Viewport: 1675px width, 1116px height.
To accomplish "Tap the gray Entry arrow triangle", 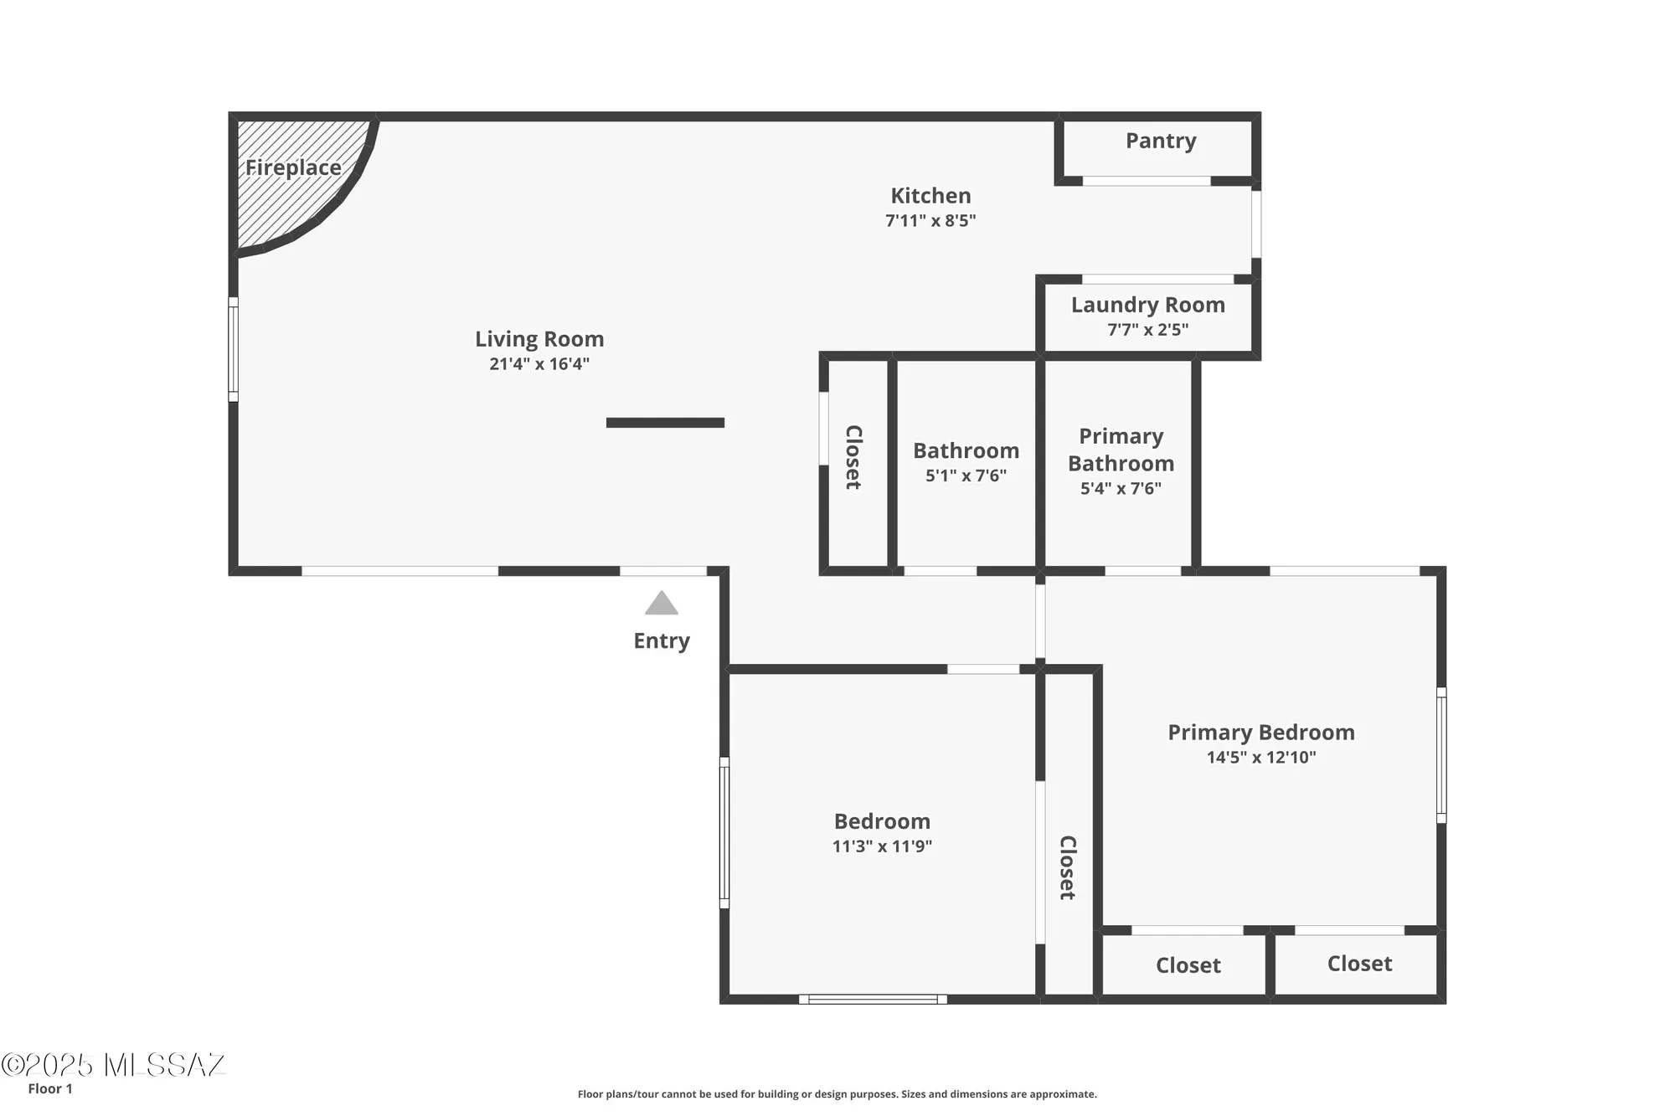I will (x=662, y=604).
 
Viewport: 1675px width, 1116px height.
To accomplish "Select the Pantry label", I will (x=1160, y=141).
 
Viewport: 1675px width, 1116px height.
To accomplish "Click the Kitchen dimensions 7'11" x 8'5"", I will (x=930, y=221).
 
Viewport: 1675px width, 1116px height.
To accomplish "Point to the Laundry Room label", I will (x=1147, y=305).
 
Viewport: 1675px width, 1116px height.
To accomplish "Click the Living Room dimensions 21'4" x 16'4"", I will (x=539, y=364).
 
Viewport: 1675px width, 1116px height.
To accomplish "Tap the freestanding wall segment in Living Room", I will (x=665, y=423).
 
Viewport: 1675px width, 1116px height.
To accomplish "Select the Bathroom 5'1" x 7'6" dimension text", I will (x=966, y=476).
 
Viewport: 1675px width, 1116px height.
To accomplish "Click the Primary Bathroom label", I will (x=1121, y=450).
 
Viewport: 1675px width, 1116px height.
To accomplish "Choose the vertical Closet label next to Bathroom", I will (x=853, y=457).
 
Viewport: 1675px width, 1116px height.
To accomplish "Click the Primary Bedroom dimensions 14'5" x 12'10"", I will (x=1260, y=758).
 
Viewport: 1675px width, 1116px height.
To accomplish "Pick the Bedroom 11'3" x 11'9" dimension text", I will (x=882, y=846).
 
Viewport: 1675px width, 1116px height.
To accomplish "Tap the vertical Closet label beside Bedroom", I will (x=1067, y=867).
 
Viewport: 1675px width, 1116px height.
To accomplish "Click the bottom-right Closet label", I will (x=1359, y=964).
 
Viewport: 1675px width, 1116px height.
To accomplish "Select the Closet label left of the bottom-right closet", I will (x=1188, y=965).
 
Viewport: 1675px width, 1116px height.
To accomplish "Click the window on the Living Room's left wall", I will (x=234, y=349).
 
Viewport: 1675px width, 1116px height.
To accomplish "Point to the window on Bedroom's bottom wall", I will (x=873, y=999).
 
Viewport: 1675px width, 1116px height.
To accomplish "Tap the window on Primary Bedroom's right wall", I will (x=1441, y=755).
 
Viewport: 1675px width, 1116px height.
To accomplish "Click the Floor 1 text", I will (x=50, y=1088).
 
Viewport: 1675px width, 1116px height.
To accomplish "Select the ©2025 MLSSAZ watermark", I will (x=113, y=1065).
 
